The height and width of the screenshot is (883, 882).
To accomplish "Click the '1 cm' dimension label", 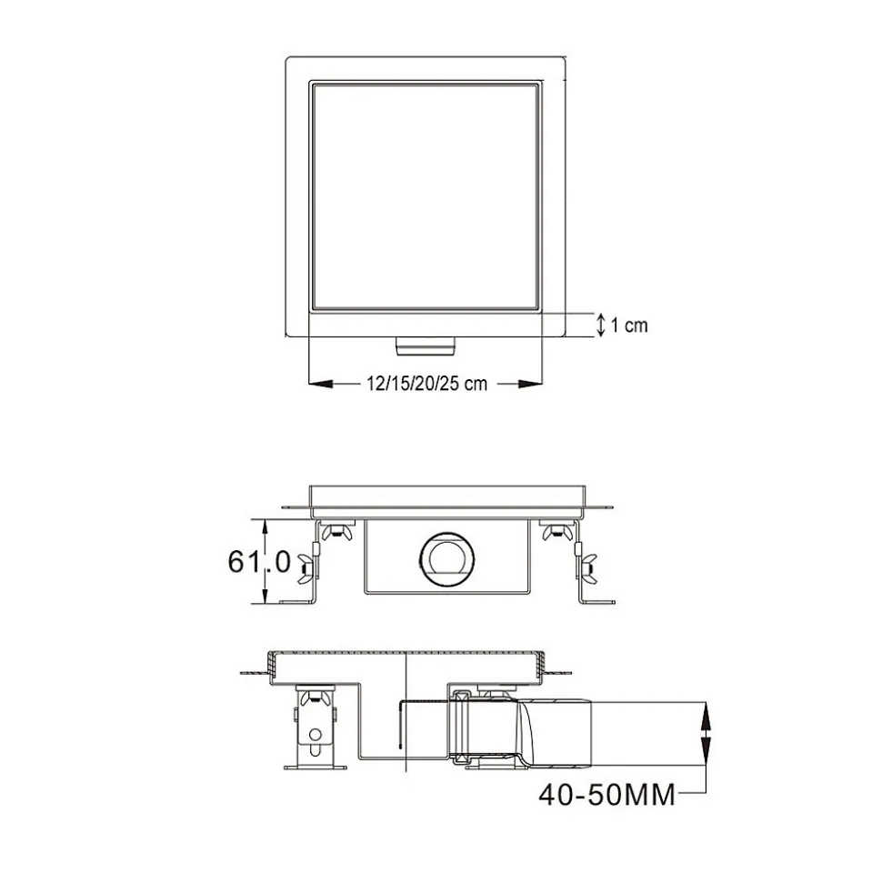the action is tap(629, 326).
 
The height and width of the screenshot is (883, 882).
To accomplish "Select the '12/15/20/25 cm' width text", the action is tap(427, 384).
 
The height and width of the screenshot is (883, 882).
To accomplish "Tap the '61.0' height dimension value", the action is tap(259, 561).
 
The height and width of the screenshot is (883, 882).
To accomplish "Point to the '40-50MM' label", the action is tap(606, 795).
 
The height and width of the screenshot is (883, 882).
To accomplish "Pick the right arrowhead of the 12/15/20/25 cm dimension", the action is tap(530, 384).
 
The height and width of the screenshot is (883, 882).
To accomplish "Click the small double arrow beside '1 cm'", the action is tap(601, 325).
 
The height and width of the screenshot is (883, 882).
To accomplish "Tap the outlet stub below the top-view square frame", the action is tap(426, 346).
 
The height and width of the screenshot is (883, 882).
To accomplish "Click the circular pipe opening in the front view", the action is tap(446, 559).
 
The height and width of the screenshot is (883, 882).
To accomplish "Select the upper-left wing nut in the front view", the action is tap(336, 531).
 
